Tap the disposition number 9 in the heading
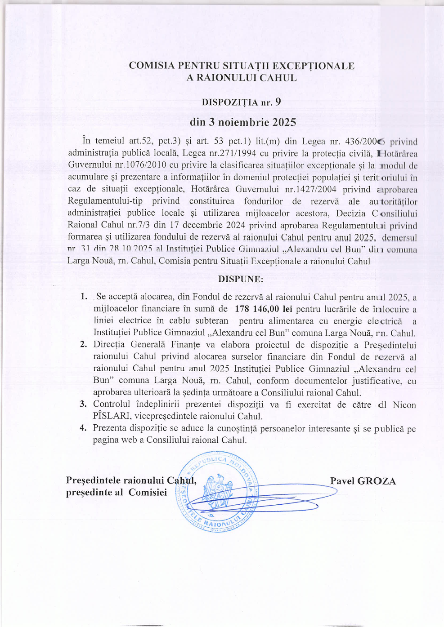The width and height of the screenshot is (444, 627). [278, 102]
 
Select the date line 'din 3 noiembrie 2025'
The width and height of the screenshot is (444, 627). [243, 122]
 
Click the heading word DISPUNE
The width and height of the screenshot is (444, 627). [240, 279]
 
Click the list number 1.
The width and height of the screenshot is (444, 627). [84, 296]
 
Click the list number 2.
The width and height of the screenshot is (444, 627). [84, 344]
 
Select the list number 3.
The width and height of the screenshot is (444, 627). [83, 404]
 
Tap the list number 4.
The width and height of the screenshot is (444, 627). [83, 427]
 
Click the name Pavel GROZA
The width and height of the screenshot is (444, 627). [363, 481]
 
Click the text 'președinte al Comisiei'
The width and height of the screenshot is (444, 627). [117, 492]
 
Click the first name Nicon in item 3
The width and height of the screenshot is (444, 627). [404, 405]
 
